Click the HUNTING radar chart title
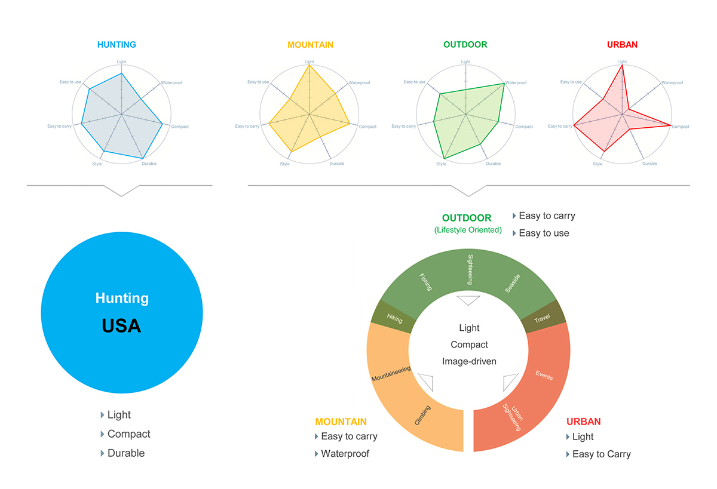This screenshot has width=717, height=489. click(117, 45)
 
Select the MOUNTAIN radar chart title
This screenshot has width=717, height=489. click(310, 45)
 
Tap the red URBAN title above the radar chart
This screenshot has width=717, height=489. click(622, 45)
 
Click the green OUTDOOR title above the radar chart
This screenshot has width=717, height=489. click(465, 45)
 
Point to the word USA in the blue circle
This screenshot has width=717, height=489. click(121, 326)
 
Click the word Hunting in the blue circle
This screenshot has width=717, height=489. click(122, 298)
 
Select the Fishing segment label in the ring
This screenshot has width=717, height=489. click(425, 281)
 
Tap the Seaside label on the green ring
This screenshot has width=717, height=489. click(512, 282)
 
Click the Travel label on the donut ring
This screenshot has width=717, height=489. click(542, 319)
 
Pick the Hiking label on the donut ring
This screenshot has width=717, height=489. click(394, 318)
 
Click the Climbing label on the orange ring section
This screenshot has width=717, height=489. click(422, 416)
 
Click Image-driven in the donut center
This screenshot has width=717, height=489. click(469, 361)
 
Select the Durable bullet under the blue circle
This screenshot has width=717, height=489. click(126, 453)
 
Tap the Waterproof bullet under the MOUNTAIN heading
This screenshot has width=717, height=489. click(345, 454)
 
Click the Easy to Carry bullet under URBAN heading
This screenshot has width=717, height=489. click(601, 454)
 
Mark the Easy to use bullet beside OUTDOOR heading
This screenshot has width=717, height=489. click(544, 233)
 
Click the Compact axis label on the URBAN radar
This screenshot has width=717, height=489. click(680, 127)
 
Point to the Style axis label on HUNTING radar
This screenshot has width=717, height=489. click(97, 164)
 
